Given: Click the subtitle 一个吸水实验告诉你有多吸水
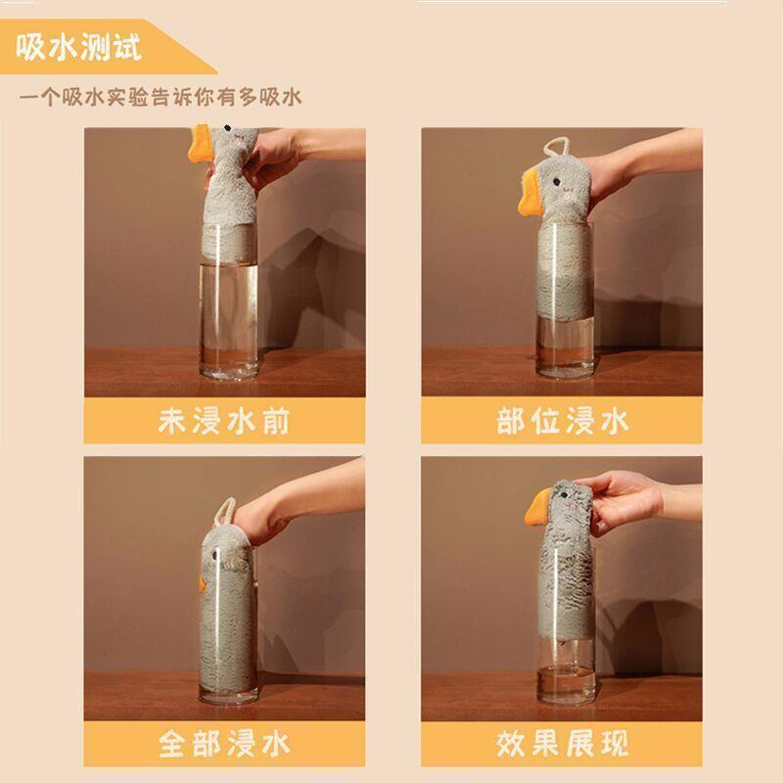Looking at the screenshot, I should [161, 98].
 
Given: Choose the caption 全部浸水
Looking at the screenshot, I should [224, 743].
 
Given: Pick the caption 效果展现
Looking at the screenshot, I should [562, 743].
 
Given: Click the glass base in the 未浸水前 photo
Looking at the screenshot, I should [230, 370].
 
